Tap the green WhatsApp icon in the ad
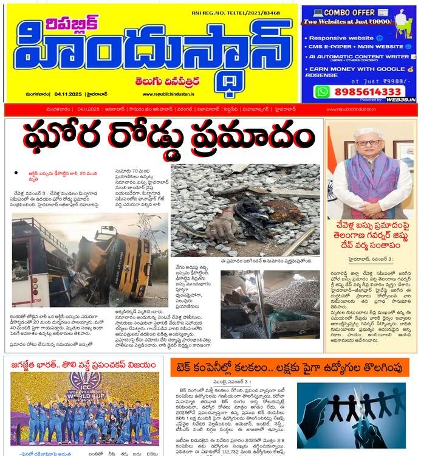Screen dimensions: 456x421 click(x=322, y=91)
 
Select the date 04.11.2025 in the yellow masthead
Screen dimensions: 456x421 click(x=71, y=94)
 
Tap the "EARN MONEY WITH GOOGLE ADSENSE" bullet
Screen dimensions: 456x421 click(x=358, y=72)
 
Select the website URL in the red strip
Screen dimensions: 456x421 click(x=351, y=109)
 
